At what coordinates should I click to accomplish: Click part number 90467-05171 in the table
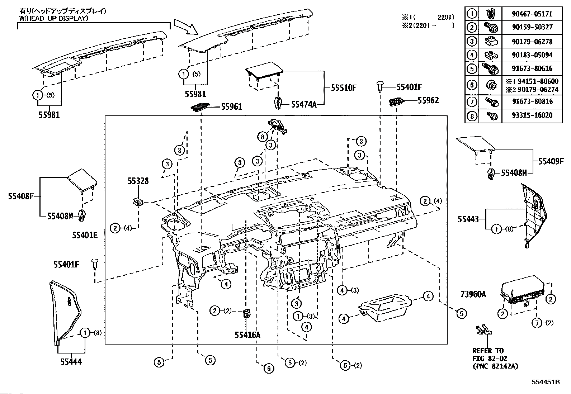[x=532, y=14]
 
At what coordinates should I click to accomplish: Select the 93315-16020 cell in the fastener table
[x=532, y=115]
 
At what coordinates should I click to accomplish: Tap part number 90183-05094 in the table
[x=532, y=55]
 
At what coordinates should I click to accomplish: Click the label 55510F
[x=344, y=88]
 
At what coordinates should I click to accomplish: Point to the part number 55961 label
[x=231, y=106]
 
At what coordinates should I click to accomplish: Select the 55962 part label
[x=428, y=100]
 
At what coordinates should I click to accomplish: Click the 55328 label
[x=138, y=181]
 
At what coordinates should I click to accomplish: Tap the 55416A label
[x=247, y=335]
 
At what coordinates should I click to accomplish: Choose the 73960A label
[x=473, y=294]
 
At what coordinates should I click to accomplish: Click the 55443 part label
[x=468, y=219]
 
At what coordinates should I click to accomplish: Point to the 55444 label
[x=71, y=362]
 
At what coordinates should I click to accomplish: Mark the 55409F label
[x=551, y=161]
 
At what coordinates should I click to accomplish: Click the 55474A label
[x=304, y=104]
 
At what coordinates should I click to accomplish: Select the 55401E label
[x=85, y=235]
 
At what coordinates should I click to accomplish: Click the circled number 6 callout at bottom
[x=269, y=369]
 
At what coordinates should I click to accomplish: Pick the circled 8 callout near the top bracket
[x=263, y=137]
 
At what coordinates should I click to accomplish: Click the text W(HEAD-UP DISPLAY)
[x=54, y=18]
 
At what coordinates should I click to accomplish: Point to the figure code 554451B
[x=546, y=382]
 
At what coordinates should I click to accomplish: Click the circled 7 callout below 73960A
[x=537, y=323]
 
